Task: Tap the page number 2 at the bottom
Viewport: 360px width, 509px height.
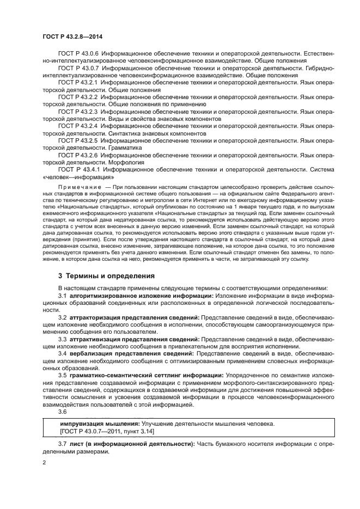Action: (x=45, y=462)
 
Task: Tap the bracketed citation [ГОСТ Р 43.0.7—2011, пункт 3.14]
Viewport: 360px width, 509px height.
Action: (x=107, y=431)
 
